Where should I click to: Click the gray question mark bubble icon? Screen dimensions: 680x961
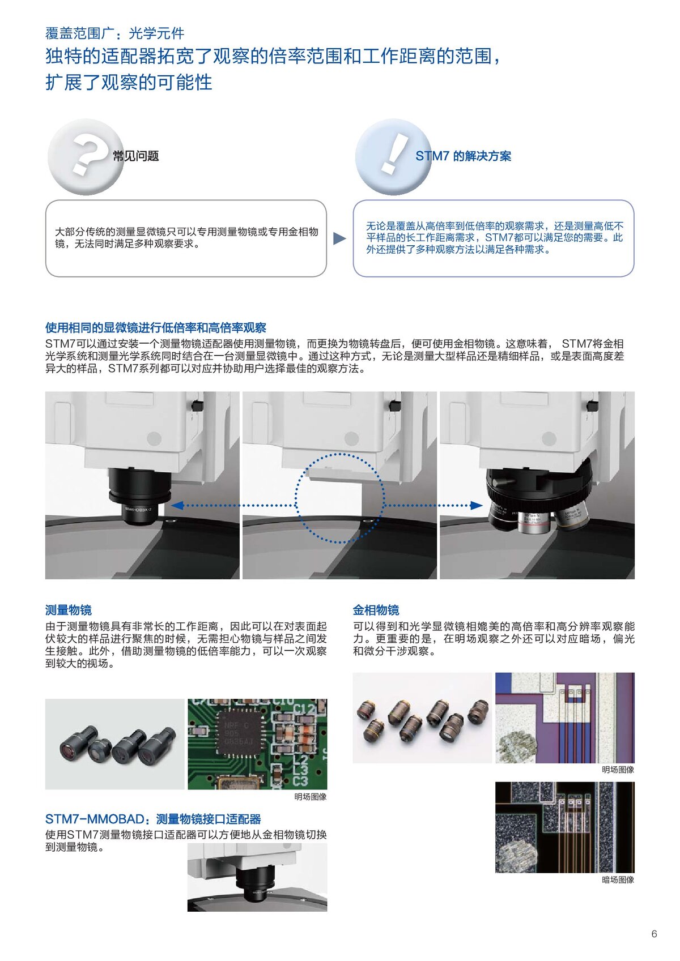click(86, 157)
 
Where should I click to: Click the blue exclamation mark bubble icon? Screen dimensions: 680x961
click(393, 157)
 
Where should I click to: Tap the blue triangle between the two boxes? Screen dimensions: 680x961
click(339, 238)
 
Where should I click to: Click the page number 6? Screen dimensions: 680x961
click(654, 934)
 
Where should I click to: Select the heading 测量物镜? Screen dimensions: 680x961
click(68, 610)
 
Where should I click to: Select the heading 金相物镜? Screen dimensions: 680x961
click(376, 610)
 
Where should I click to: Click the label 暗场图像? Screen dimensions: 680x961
click(618, 880)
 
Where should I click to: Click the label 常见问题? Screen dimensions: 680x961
click(135, 156)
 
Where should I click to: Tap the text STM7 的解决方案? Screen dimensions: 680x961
click(463, 156)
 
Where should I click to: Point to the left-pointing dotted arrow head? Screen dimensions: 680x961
click(177, 505)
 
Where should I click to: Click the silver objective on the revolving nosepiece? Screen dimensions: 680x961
click(534, 523)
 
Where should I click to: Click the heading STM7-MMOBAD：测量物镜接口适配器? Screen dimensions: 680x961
click(153, 819)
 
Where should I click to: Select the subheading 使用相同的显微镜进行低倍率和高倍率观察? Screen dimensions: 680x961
click(155, 328)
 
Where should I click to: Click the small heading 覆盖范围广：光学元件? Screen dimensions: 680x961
click(114, 33)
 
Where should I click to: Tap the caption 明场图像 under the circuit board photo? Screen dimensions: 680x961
click(311, 797)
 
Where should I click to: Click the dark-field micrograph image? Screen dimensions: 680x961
click(565, 827)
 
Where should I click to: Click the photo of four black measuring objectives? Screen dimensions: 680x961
click(114, 744)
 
